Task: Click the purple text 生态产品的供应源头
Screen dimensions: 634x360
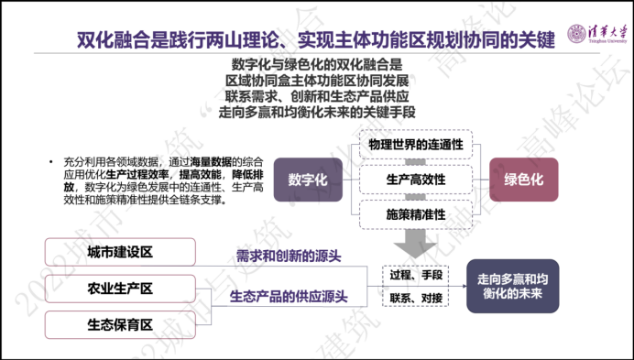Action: [289, 295]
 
